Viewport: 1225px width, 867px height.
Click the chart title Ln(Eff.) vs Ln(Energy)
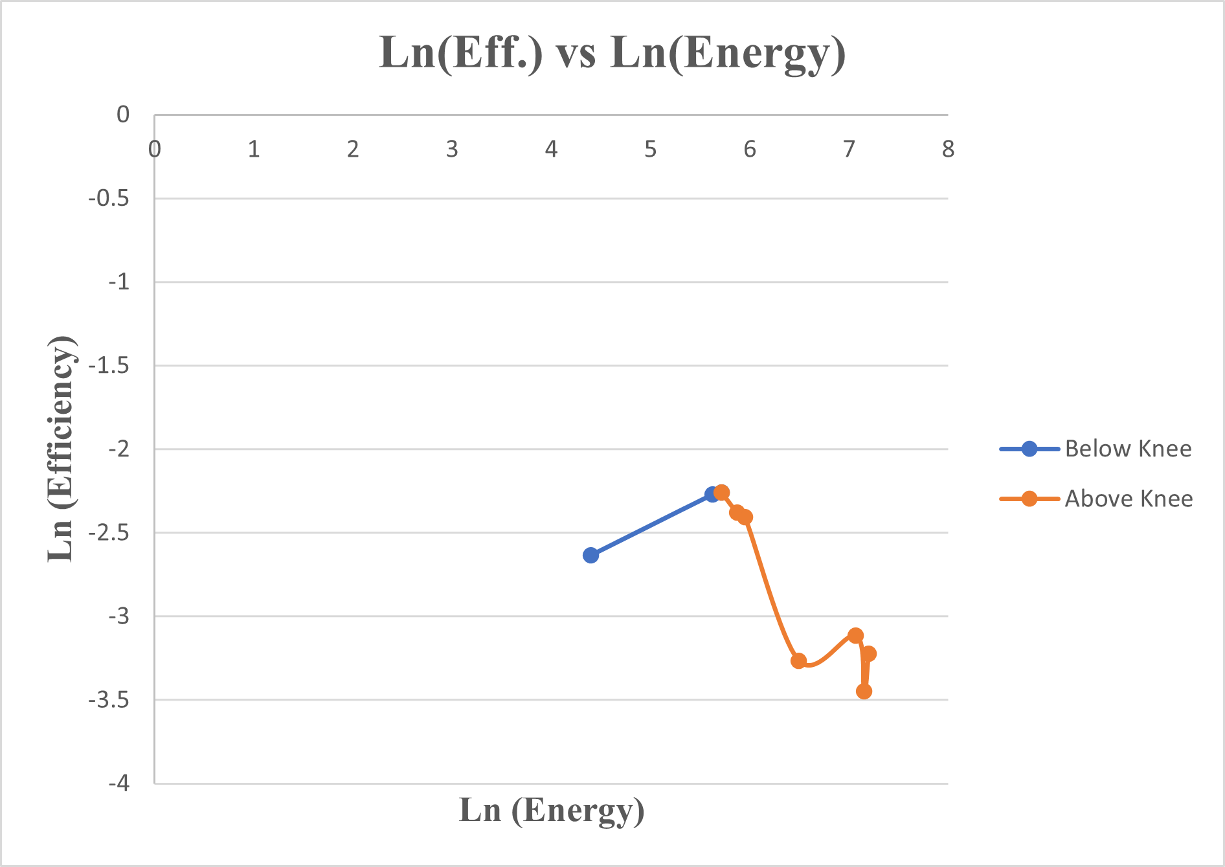click(x=612, y=53)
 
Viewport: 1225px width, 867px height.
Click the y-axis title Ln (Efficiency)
click(x=62, y=449)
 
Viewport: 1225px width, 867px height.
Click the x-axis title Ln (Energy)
click(x=552, y=810)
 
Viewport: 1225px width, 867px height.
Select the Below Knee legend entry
click(x=1127, y=449)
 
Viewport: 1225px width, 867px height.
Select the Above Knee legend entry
click(x=1128, y=499)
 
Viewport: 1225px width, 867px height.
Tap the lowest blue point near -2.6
click(x=590, y=555)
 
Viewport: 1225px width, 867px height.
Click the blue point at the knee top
click(x=712, y=495)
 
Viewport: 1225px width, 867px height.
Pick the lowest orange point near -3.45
click(x=864, y=692)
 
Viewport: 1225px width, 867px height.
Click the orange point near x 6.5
click(x=798, y=660)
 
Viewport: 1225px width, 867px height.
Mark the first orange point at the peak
click(x=722, y=492)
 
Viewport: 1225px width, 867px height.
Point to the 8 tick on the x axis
click(x=948, y=150)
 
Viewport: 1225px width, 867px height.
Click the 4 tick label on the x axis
click(x=551, y=150)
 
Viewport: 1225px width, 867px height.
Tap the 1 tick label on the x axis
click(x=254, y=150)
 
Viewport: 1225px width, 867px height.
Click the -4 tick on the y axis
click(x=119, y=783)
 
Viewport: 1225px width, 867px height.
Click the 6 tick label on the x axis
click(x=750, y=150)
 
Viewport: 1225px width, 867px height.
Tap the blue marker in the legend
click(x=1029, y=449)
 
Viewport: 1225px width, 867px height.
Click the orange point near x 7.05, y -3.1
click(x=855, y=635)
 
